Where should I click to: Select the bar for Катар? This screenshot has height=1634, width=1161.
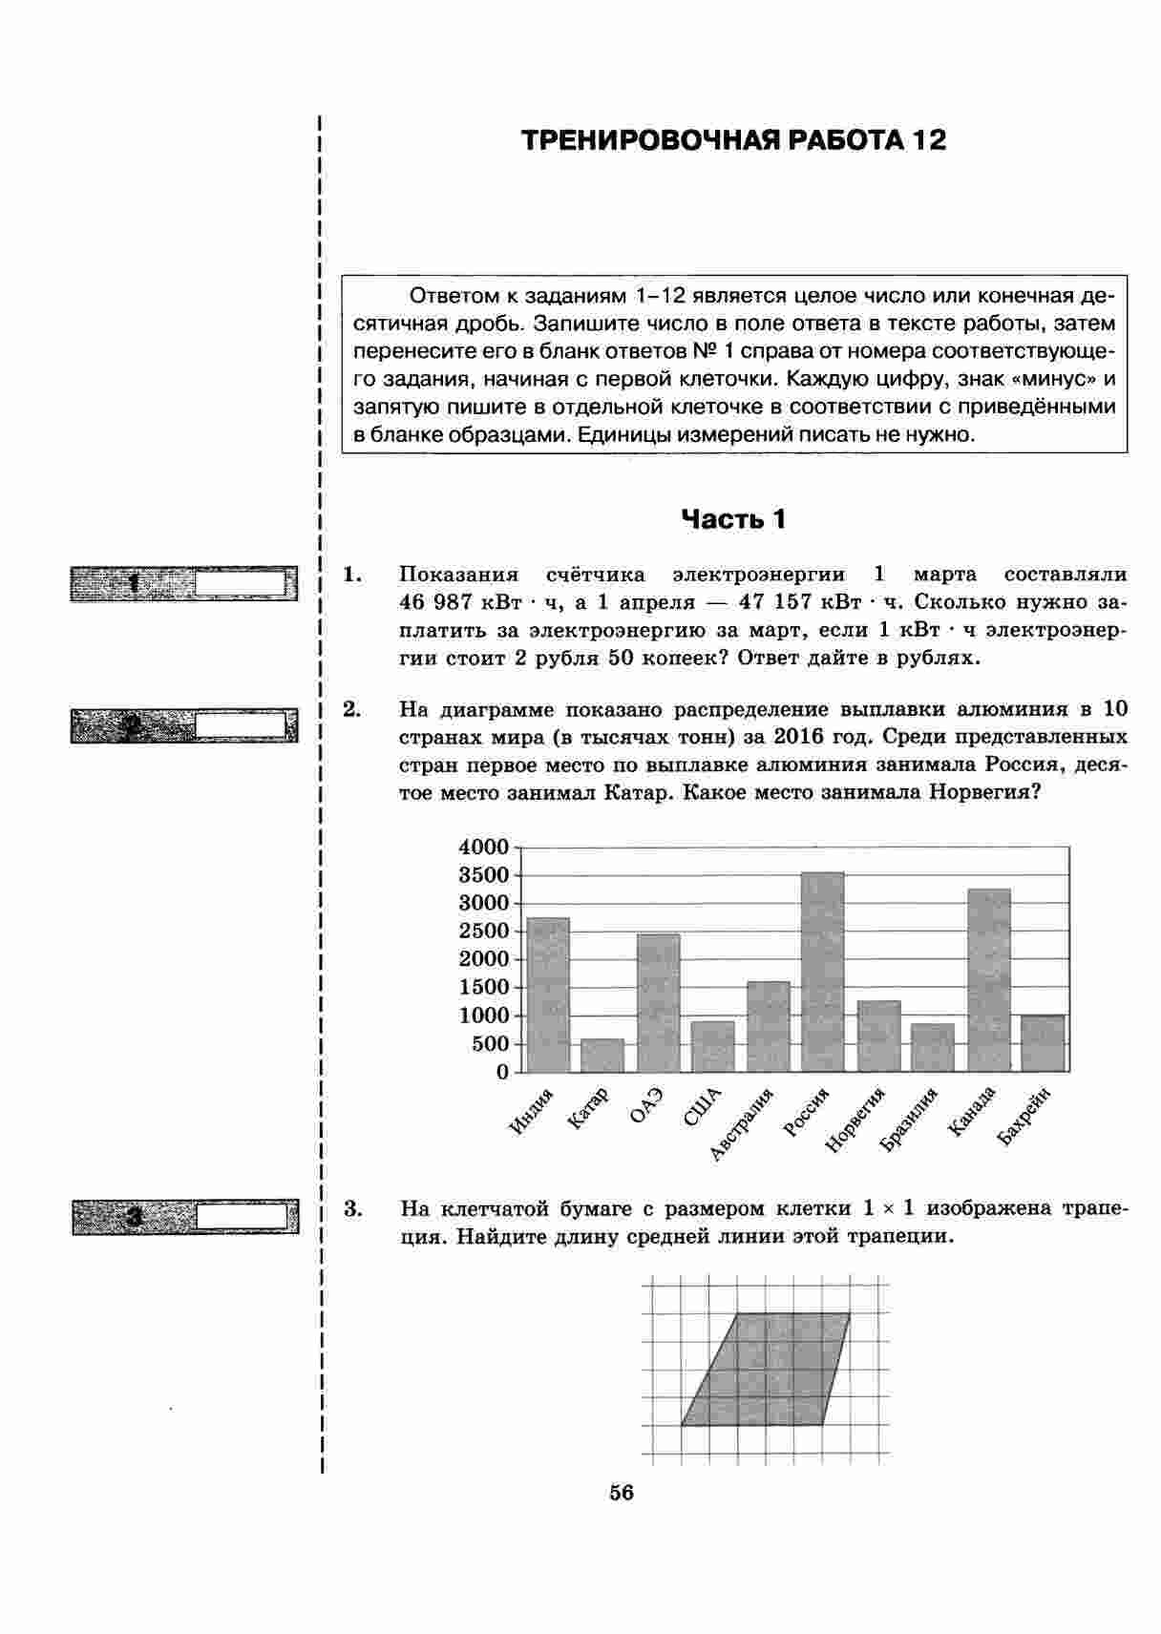point(602,1055)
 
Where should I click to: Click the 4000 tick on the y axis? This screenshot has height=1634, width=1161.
point(484,847)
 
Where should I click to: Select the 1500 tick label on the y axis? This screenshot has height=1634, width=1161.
point(484,988)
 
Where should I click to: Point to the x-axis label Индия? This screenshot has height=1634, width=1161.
point(532,1112)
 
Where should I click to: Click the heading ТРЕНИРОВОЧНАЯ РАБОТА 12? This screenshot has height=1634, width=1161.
point(733,141)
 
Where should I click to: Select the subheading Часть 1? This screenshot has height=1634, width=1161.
point(733,519)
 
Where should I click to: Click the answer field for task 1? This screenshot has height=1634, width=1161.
point(241,583)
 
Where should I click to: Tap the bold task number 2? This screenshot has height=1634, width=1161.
point(351,709)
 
